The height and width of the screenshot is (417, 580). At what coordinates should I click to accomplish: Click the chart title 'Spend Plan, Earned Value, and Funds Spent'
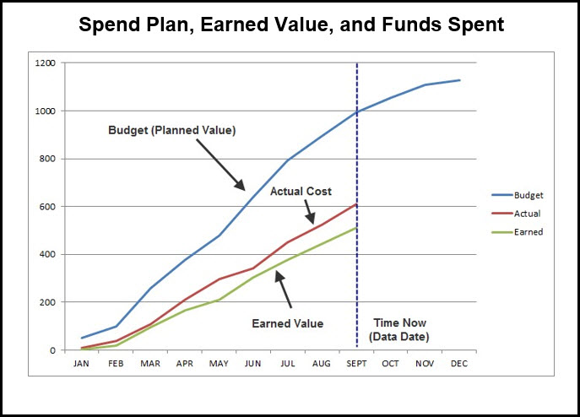[x=291, y=24]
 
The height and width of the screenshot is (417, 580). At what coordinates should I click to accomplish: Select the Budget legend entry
[x=518, y=195]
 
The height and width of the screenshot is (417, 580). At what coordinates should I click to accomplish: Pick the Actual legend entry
[x=516, y=214]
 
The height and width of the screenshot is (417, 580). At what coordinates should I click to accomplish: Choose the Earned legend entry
[x=518, y=232]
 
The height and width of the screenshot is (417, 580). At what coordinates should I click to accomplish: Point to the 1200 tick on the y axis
[x=45, y=63]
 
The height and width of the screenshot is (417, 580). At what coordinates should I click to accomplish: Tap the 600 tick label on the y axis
[x=47, y=207]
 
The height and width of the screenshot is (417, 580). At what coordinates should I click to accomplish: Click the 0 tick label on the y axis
[x=52, y=350]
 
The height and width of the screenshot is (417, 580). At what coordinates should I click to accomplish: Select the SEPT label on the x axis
[x=356, y=364]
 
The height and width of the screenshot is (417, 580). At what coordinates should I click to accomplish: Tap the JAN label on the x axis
[x=81, y=364]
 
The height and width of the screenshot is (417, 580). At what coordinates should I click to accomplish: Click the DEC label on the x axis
[x=459, y=364]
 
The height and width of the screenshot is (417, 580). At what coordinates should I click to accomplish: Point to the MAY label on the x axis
[x=219, y=364]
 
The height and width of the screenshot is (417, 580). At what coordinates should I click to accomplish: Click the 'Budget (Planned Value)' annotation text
[x=172, y=130]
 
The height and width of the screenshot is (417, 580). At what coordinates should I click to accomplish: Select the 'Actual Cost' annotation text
[x=301, y=192]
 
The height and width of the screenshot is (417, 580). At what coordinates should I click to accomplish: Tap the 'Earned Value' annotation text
[x=287, y=323]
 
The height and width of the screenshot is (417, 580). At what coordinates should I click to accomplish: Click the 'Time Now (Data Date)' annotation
[x=399, y=330]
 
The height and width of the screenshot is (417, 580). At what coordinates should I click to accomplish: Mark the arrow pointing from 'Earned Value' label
[x=283, y=290]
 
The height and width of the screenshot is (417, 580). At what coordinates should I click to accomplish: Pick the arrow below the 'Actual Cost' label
[x=310, y=212]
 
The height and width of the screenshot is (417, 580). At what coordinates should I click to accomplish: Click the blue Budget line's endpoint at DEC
[x=460, y=80]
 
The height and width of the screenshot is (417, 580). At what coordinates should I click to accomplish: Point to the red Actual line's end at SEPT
[x=356, y=204]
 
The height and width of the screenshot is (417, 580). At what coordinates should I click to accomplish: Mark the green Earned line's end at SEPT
[x=356, y=228]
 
